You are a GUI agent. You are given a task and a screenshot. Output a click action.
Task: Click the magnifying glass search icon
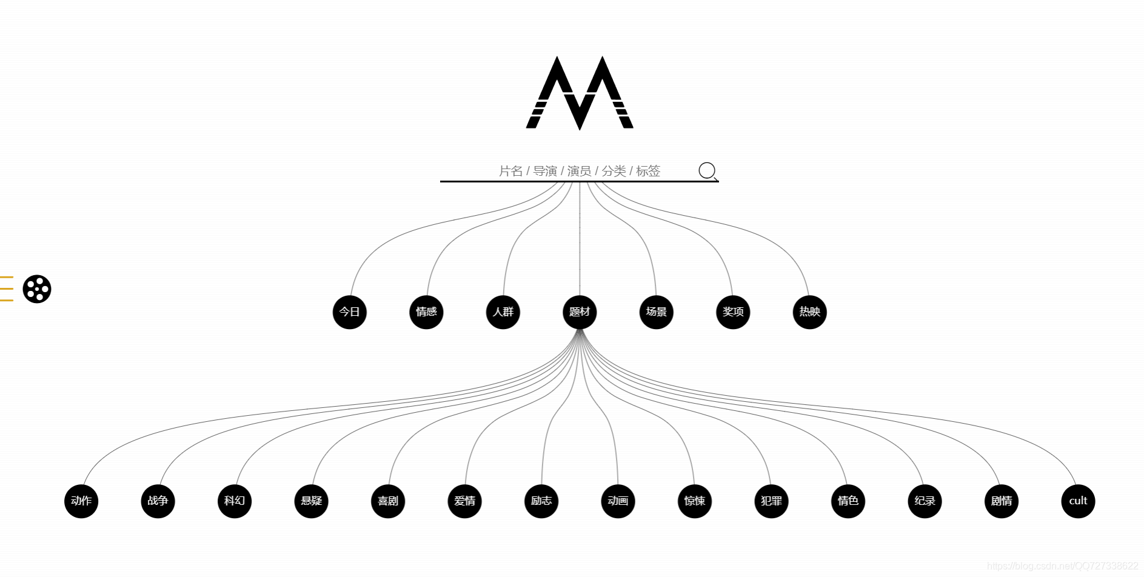click(x=707, y=171)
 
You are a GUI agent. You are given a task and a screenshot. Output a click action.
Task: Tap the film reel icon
click(x=37, y=289)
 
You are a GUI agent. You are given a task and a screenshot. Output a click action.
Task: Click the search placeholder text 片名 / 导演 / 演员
click(x=579, y=172)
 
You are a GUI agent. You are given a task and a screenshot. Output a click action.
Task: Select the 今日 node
click(x=350, y=312)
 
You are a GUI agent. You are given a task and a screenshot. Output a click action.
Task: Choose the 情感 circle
click(x=426, y=312)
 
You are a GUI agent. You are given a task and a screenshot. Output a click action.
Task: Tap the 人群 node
click(x=503, y=312)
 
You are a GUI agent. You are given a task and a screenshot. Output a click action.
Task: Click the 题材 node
click(x=580, y=312)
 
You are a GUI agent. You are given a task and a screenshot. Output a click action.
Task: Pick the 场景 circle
click(x=657, y=312)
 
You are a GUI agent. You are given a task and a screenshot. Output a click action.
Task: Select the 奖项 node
click(x=733, y=312)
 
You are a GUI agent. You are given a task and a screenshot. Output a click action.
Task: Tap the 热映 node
click(x=810, y=312)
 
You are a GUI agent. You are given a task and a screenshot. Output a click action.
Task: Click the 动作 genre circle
click(x=81, y=501)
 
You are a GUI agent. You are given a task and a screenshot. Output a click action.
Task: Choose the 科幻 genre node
click(x=235, y=501)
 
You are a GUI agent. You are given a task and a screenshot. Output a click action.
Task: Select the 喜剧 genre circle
click(x=388, y=501)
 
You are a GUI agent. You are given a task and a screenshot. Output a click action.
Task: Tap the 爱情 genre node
click(x=465, y=501)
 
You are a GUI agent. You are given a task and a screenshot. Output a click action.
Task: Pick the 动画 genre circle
click(x=618, y=501)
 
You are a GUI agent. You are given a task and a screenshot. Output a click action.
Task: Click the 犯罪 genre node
click(x=772, y=501)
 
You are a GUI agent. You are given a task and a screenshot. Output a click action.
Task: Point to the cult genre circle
click(x=1078, y=501)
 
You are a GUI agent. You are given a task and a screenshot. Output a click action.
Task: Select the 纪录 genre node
click(x=925, y=501)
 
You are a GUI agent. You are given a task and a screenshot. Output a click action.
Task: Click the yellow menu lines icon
click(x=6, y=288)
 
